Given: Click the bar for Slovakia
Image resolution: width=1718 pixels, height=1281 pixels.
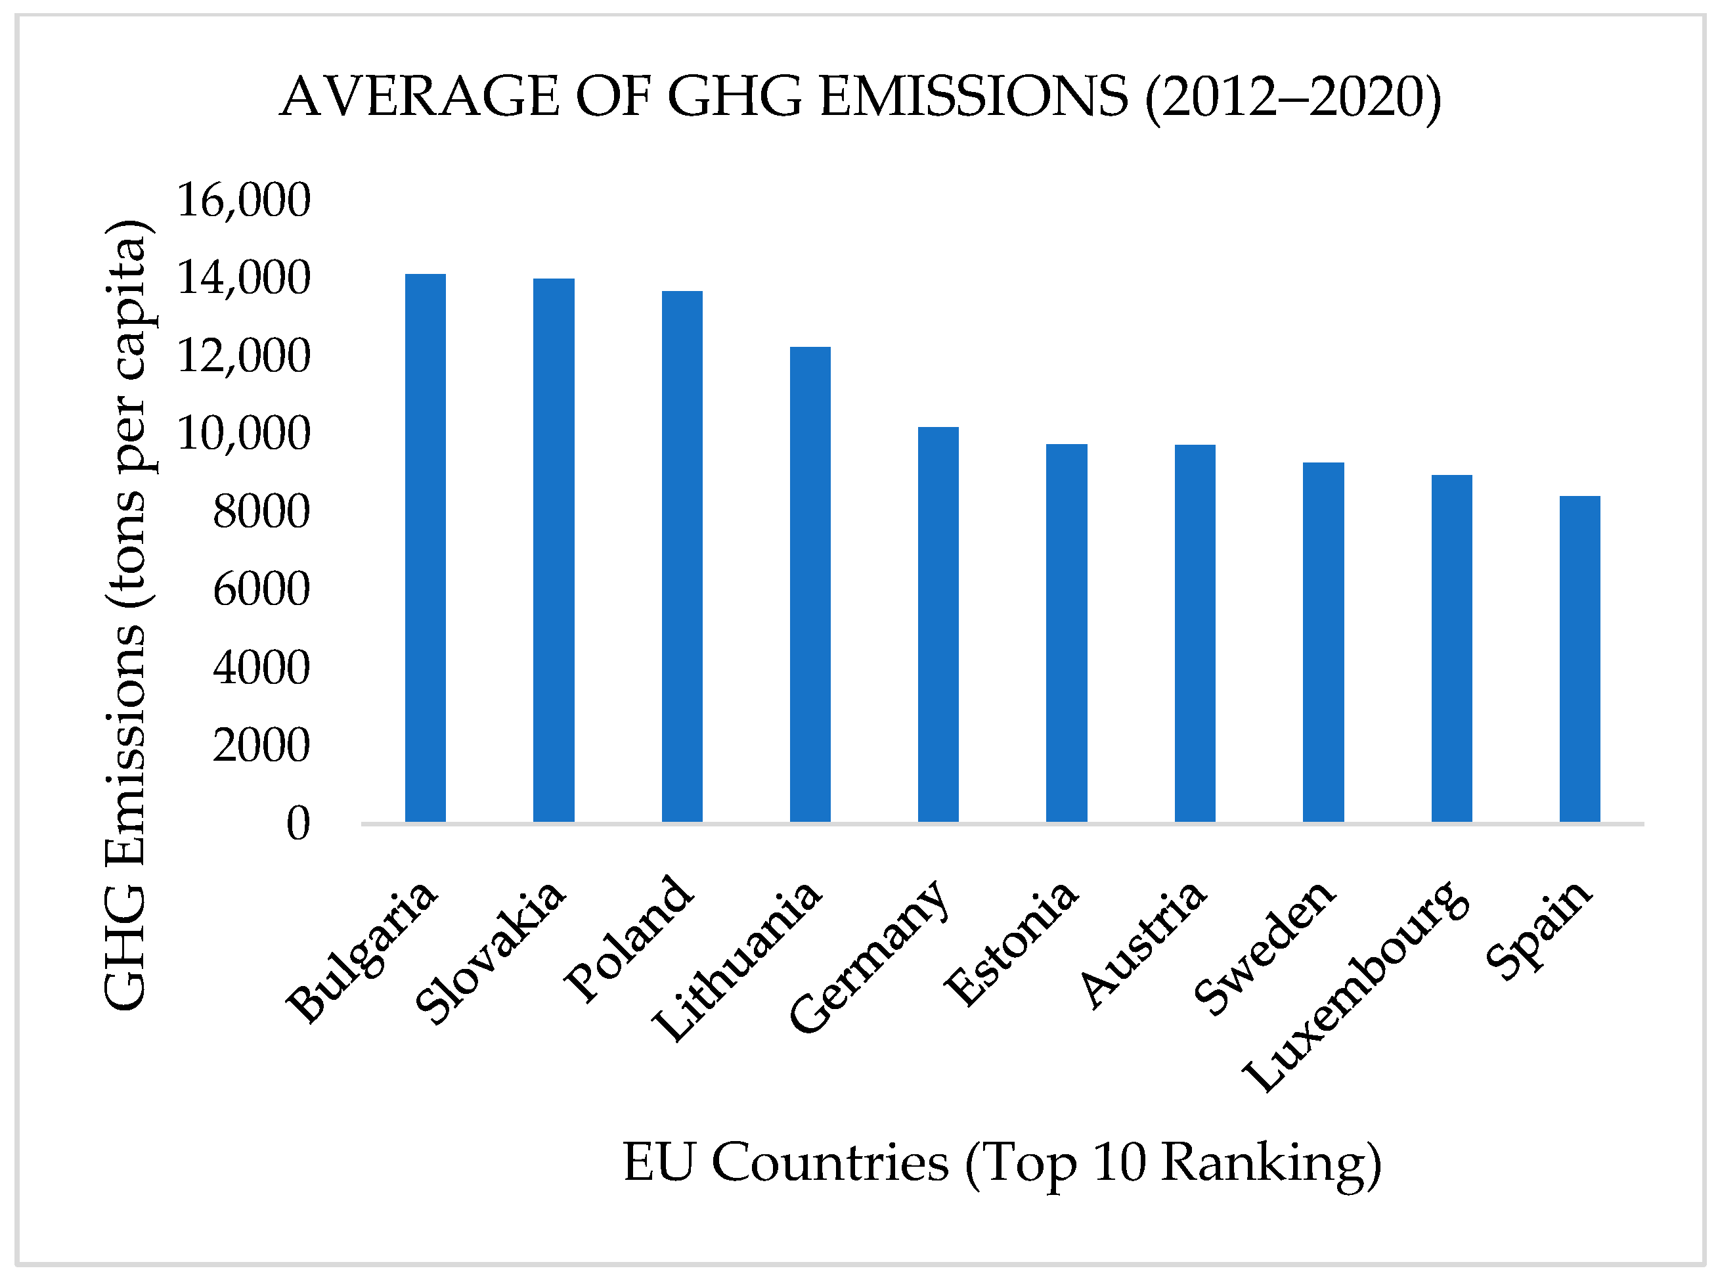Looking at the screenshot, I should [554, 550].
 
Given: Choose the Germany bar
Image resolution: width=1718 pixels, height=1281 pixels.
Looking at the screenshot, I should [938, 624].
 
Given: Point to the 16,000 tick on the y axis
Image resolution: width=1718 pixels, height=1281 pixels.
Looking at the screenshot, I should [244, 200].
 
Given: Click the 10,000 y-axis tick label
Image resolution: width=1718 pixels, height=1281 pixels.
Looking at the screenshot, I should [244, 434].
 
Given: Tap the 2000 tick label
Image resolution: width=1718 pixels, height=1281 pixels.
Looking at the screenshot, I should [261, 745].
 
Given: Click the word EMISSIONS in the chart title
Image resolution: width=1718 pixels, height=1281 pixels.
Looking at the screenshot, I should [974, 98].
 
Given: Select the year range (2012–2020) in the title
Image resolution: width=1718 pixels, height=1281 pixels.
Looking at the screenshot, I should [1293, 98].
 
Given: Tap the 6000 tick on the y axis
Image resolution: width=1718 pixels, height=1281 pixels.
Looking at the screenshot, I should [261, 589].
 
